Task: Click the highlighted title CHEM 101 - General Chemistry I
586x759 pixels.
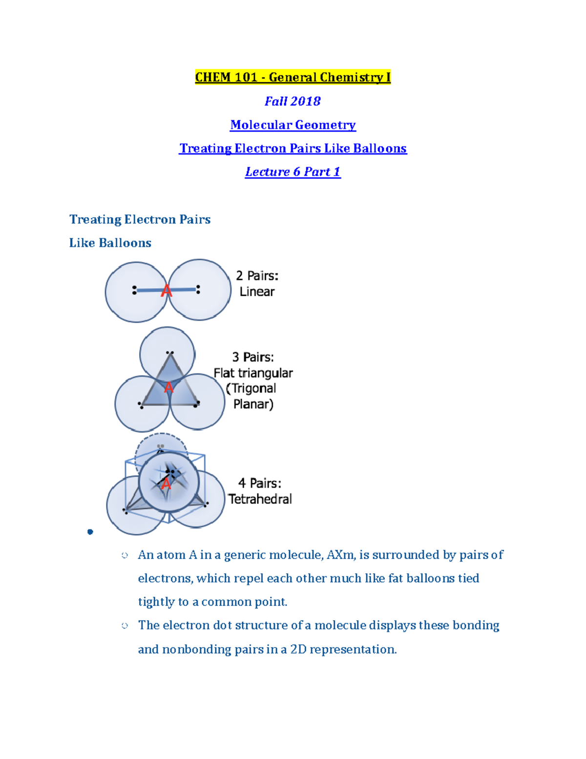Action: coord(293,77)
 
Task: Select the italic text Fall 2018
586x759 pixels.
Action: coord(293,101)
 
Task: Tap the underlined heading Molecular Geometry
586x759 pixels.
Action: coord(293,125)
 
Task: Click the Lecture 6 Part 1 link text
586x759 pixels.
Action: coord(293,172)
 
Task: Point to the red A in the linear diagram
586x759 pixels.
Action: coord(167,291)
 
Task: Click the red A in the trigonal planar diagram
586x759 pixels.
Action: coord(168,388)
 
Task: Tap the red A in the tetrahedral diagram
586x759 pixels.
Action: coord(166,484)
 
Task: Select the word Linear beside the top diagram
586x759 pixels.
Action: coord(257,292)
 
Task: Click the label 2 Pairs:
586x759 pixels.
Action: coord(257,276)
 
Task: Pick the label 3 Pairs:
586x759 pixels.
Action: coord(253,357)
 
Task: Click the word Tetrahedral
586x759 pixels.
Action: coord(260,499)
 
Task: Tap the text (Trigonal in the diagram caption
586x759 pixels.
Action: coord(251,389)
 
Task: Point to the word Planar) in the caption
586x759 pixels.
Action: coord(253,404)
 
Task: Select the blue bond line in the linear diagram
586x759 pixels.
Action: coord(146,290)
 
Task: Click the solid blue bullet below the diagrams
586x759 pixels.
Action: coord(90,532)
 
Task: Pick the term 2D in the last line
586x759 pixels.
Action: coord(298,649)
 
